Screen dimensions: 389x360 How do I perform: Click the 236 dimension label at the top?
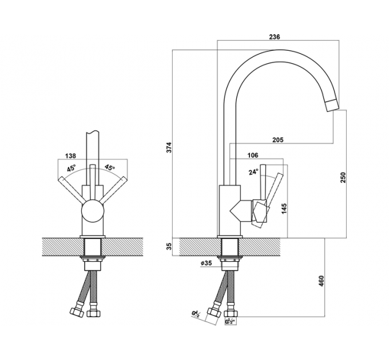click(275, 37)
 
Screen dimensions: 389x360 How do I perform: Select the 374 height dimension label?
click(169, 147)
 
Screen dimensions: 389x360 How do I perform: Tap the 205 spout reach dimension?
click(278, 140)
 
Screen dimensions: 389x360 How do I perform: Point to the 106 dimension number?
click(253, 155)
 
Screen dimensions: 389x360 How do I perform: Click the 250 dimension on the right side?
click(343, 177)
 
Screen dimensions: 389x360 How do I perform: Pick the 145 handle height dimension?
click(284, 209)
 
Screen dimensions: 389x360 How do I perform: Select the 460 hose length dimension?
click(321, 281)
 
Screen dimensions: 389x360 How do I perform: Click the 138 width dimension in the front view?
click(70, 156)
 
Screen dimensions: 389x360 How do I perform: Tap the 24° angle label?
click(253, 171)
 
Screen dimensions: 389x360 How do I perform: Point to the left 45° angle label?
click(71, 168)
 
